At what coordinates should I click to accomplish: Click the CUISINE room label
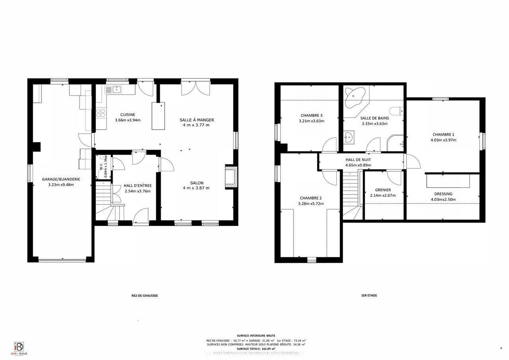click(128, 115)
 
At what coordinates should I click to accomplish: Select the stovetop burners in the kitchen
click(101, 113)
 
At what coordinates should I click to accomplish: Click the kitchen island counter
click(158, 116)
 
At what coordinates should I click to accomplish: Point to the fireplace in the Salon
click(231, 177)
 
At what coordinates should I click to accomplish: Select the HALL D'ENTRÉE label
click(138, 185)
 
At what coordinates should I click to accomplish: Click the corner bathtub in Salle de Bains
click(354, 98)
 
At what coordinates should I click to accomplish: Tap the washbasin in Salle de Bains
click(348, 138)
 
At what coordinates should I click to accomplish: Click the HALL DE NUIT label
click(358, 160)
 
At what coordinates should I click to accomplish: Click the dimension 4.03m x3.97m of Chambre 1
click(443, 140)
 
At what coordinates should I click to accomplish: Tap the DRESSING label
click(443, 194)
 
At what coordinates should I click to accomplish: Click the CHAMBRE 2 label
click(311, 198)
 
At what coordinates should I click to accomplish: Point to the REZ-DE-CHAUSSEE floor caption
click(144, 296)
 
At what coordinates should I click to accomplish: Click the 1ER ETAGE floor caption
click(369, 296)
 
